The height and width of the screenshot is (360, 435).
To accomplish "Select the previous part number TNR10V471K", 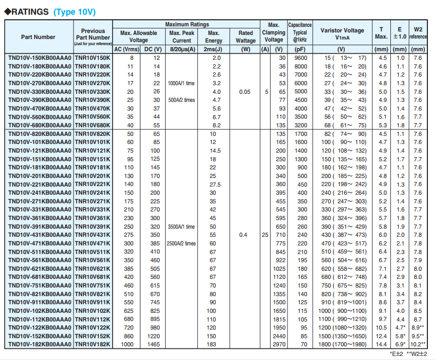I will coord(92,243).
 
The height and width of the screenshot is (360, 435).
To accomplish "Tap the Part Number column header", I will coord(39,37).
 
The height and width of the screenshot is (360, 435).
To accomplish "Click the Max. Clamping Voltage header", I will coord(274,32).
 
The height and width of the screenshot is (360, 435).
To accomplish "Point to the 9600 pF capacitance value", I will coord(300,58).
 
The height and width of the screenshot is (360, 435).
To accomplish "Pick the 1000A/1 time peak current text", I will coord(181,83).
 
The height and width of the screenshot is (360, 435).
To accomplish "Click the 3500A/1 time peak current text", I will coord(181,227).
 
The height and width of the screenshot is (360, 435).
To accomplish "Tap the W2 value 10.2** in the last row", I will coord(418,344).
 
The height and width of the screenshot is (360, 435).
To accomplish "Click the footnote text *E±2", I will coord(396,353).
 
